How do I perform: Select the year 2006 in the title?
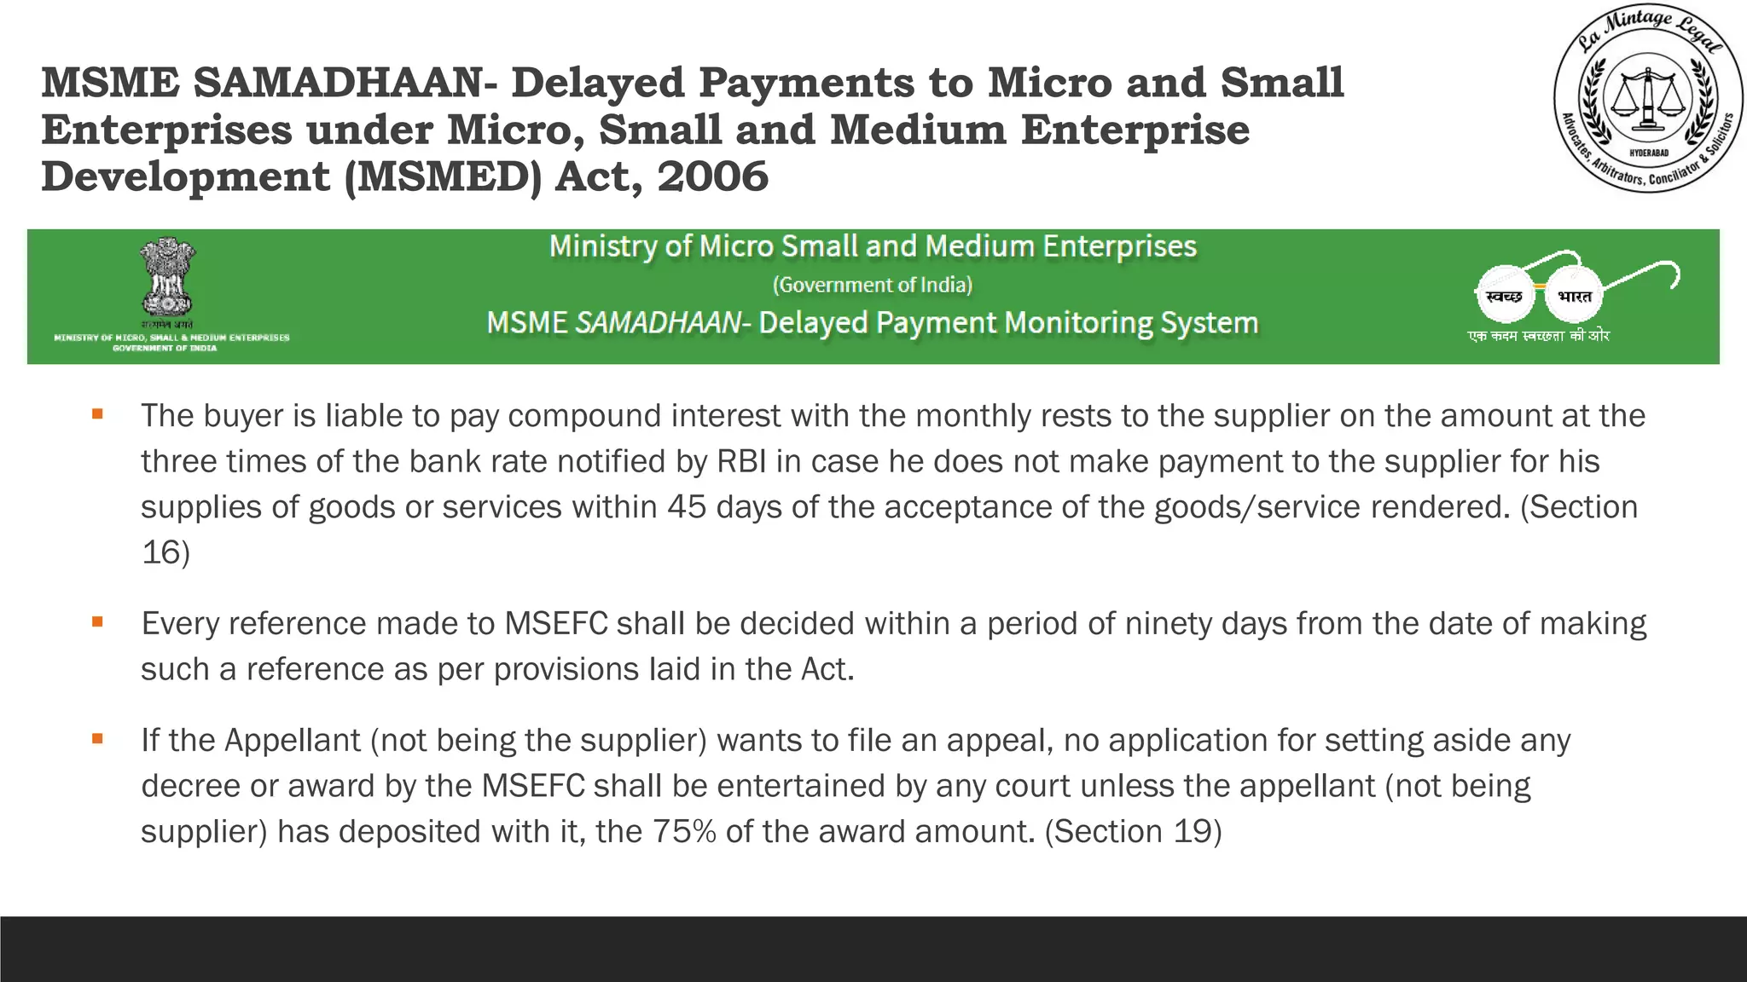pos(712,176)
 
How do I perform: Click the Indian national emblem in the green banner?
pos(168,277)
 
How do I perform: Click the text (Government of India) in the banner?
pos(872,285)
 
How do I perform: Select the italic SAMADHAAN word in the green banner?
pos(658,323)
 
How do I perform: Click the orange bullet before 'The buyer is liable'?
pos(98,414)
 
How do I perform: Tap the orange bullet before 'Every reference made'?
pos(98,622)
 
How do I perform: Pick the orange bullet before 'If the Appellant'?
pos(98,739)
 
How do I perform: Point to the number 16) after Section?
pos(165,552)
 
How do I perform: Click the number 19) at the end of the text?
pos(1198,831)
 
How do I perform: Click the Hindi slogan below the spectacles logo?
pos(1538,336)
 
